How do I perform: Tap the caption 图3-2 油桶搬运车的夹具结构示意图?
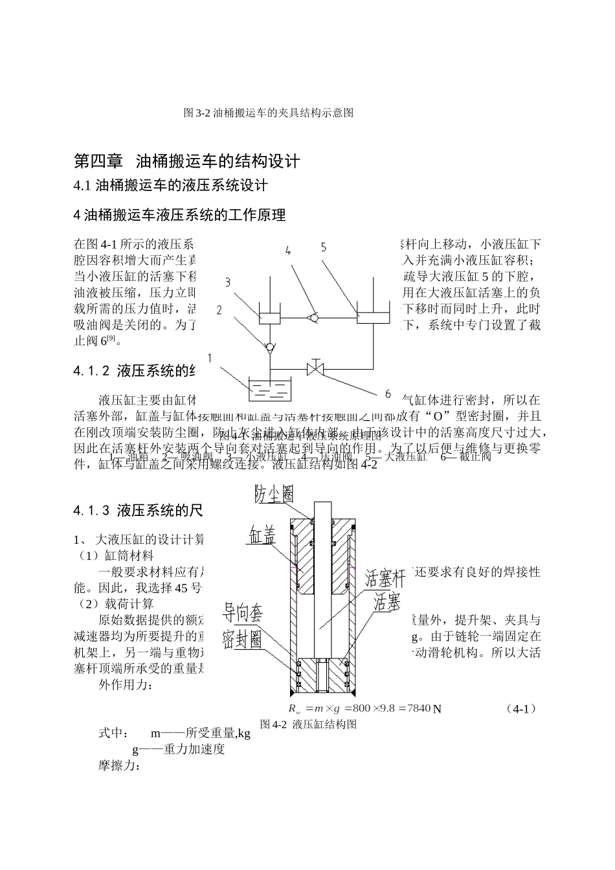[x=269, y=113]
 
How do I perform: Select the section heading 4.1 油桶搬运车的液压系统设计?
[x=171, y=186]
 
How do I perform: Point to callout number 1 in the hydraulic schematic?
[x=210, y=358]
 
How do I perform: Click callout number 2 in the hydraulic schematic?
[x=219, y=310]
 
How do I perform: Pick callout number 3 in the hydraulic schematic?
[x=228, y=282]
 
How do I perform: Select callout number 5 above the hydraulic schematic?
[x=323, y=247]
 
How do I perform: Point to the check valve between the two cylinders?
[x=313, y=317]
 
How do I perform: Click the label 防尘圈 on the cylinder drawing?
[x=274, y=495]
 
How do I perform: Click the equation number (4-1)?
[x=520, y=708]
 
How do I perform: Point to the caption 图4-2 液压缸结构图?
[x=308, y=724]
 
